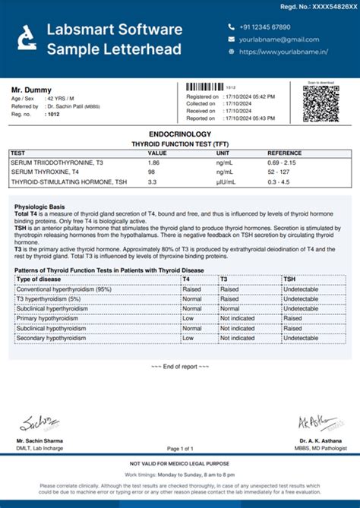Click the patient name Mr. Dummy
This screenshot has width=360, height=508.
[28, 90]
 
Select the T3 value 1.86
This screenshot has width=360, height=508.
[153, 162]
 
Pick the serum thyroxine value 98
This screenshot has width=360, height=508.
[152, 172]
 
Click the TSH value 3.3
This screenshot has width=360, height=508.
[152, 182]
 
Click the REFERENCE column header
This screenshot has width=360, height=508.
[284, 153]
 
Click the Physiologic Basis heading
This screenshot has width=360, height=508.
[39, 206]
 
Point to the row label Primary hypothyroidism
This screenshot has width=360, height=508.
[51, 318]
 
